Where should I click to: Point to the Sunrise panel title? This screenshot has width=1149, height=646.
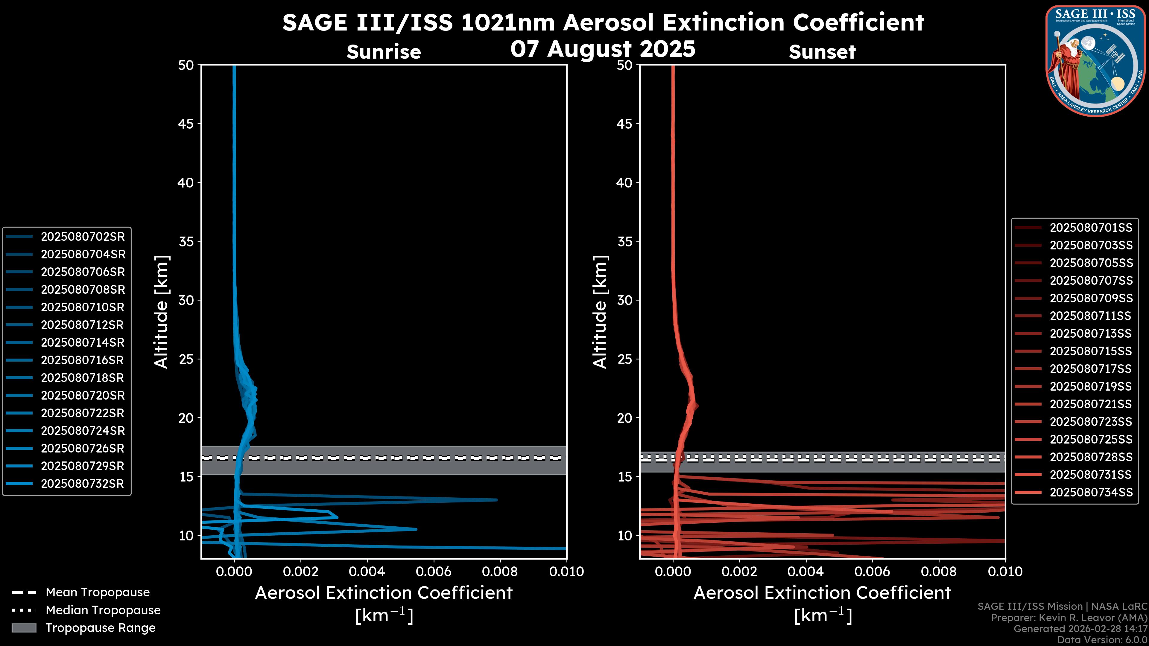click(384, 52)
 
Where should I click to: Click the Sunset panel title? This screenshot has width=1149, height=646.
click(822, 52)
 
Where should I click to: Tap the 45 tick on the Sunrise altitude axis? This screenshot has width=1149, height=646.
click(186, 124)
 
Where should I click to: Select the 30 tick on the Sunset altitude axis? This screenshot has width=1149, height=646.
click(625, 301)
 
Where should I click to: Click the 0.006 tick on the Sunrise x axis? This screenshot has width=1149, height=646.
click(434, 572)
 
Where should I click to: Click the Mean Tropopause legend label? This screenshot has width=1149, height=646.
click(98, 592)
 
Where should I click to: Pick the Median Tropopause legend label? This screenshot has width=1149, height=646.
click(103, 610)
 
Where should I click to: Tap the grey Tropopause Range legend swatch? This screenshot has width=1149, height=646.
click(24, 628)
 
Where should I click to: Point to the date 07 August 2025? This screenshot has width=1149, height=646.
click(603, 49)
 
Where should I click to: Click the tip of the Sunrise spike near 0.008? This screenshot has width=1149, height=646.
click(496, 500)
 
